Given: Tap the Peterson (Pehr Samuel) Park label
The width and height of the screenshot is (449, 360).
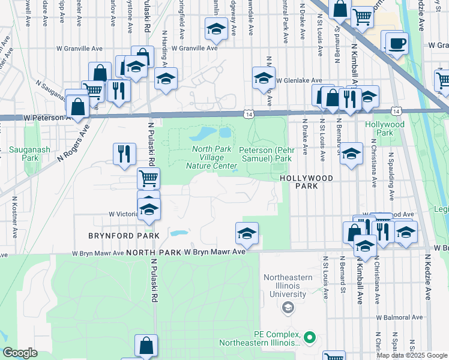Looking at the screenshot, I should point(265,154).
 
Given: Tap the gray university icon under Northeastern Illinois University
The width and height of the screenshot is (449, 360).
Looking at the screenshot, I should point(288,308).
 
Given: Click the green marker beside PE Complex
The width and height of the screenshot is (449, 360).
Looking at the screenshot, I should point(310,337).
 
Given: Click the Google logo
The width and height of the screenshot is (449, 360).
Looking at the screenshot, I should point(20,353).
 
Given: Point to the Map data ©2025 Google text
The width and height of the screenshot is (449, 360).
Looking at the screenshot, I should point(411,355).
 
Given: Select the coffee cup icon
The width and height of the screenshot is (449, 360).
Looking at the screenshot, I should point(396,43).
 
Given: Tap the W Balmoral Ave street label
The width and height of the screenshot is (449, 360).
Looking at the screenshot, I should point(400,317).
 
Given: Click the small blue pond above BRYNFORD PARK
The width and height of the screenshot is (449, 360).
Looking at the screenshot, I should point(178,233).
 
